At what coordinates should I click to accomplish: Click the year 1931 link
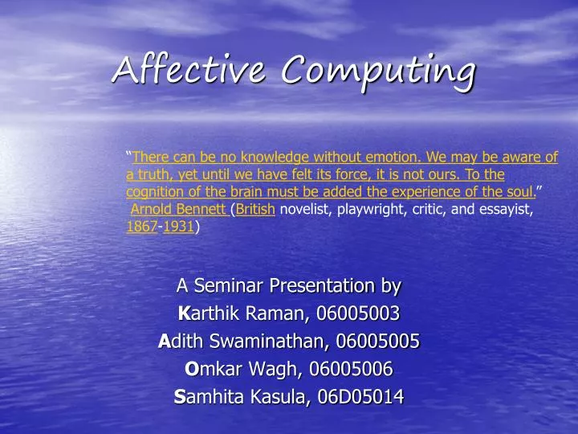tap(178, 227)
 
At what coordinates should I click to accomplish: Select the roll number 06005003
tap(359, 313)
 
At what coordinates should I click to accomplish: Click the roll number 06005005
tap(378, 341)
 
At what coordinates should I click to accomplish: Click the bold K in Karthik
tap(183, 313)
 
